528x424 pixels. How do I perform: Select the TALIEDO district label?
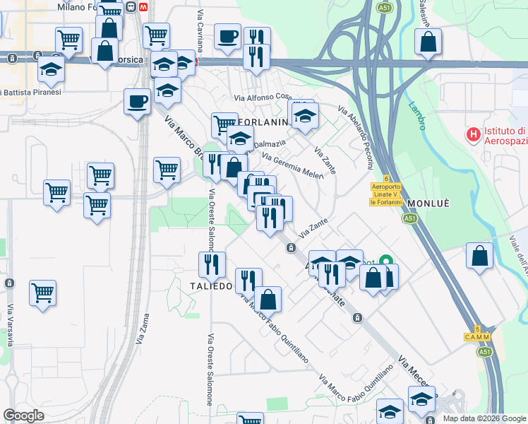210,285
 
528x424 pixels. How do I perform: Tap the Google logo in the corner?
24,416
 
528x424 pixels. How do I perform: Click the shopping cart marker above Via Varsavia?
43,291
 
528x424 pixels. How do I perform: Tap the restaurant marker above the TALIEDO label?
212,265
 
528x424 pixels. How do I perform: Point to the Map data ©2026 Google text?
484,418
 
